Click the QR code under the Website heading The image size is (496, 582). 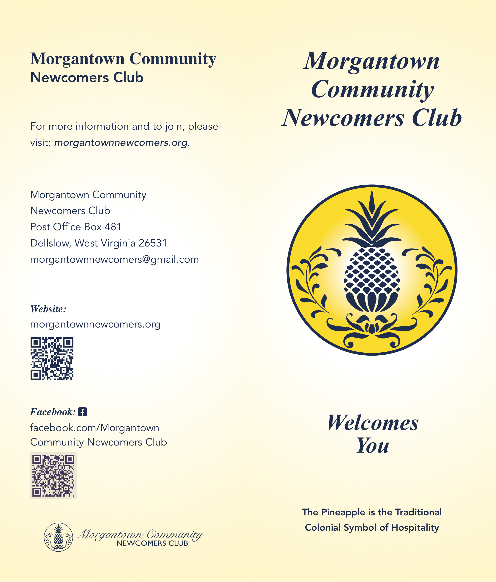tap(52, 359)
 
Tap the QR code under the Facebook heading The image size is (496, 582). tap(53, 476)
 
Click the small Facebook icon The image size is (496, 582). tap(83, 412)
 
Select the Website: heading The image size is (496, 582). tap(48, 309)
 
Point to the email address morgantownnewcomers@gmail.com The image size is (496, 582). tap(114, 259)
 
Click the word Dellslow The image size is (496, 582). tap(50, 243)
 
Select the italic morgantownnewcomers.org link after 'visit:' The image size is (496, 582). tap(121, 143)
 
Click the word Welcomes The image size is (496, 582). tap(373, 423)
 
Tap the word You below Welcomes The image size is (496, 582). tap(373, 446)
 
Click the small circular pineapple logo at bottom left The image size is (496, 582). tap(58, 537)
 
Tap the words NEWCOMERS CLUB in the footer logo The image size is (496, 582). tap(152, 543)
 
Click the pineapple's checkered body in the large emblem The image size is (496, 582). tap(372, 270)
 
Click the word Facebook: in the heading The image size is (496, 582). tap(53, 412)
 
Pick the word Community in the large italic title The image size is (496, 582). tap(372, 90)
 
